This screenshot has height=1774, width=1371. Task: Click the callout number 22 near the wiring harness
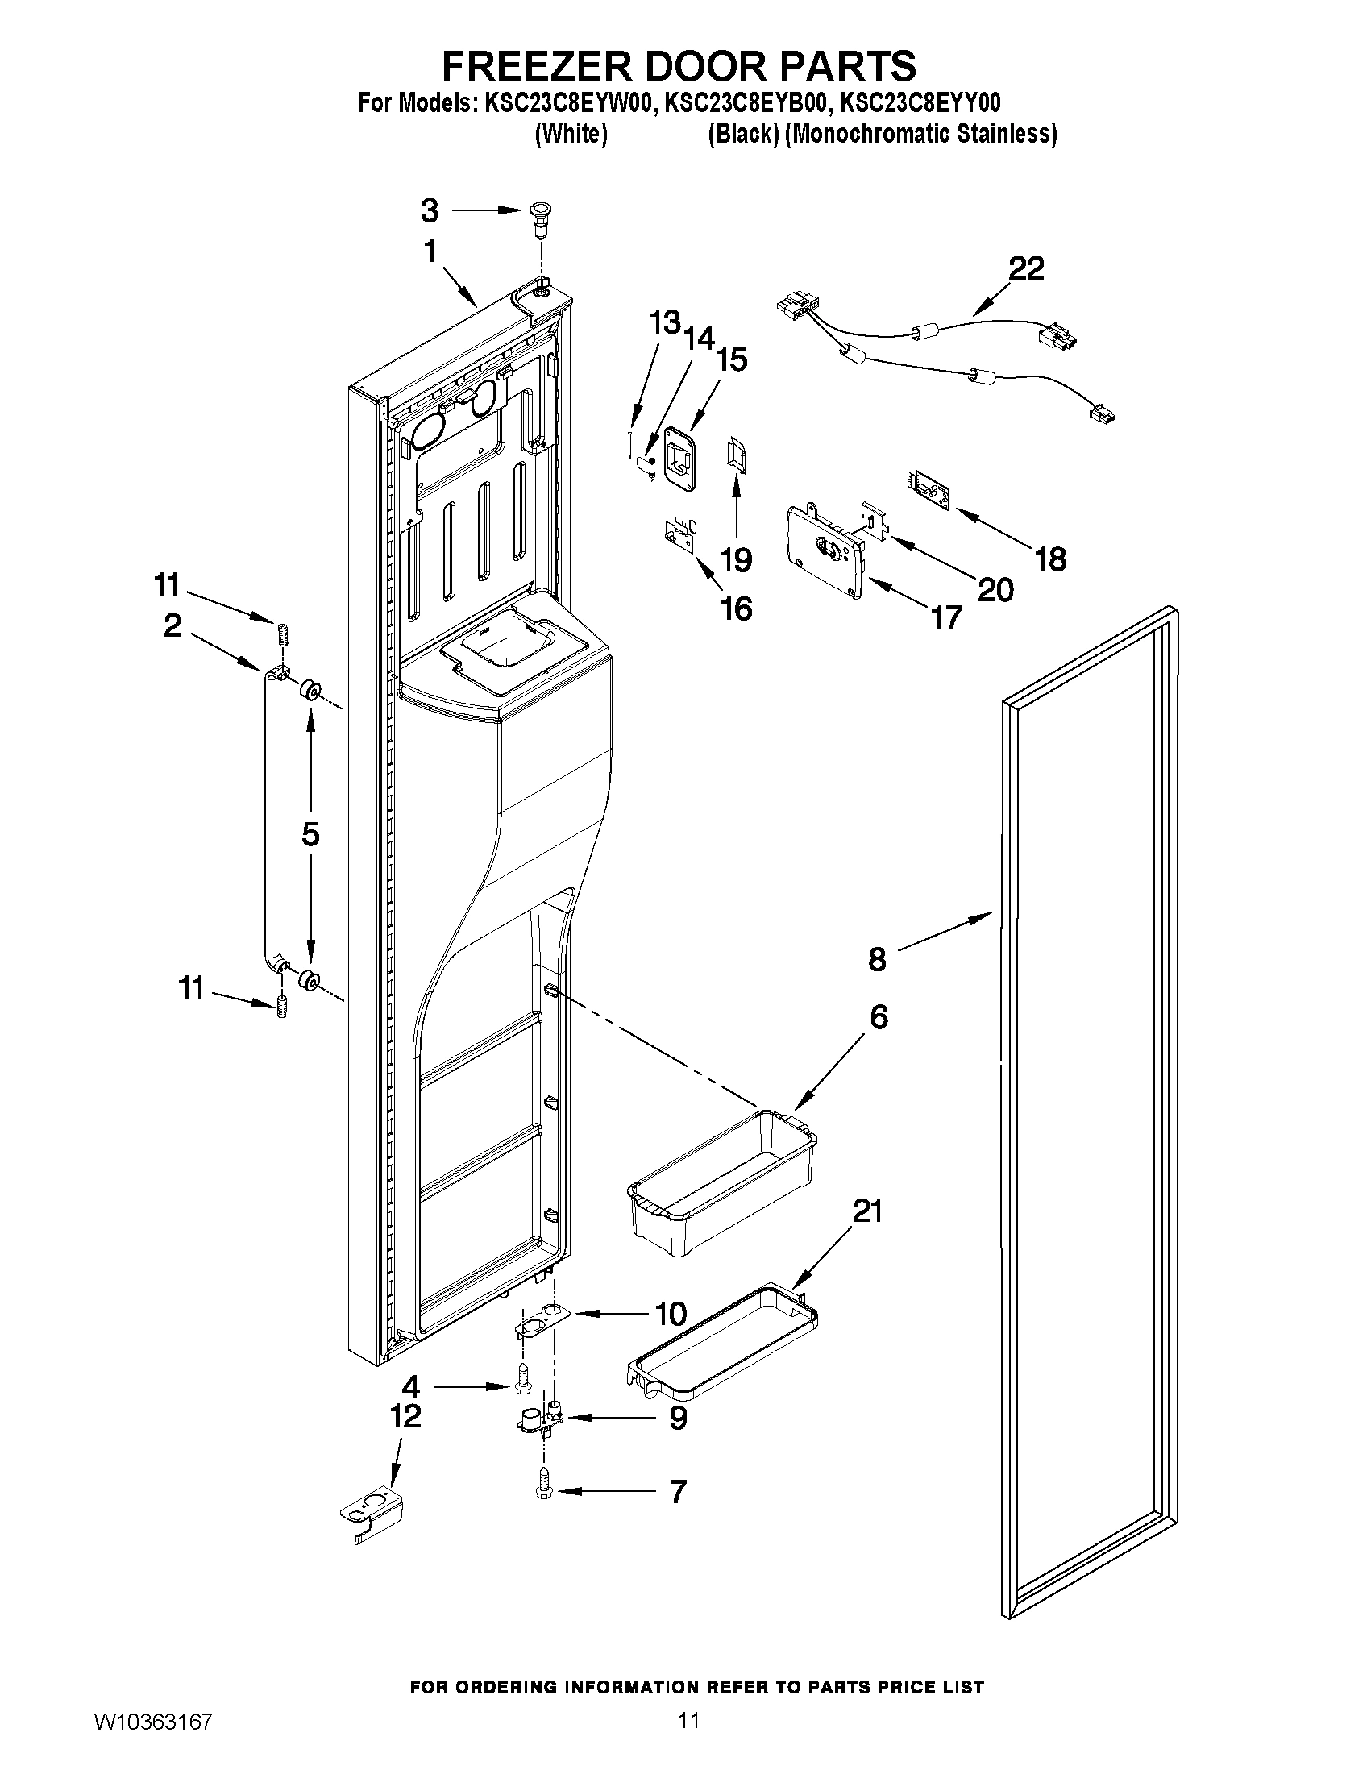(1026, 269)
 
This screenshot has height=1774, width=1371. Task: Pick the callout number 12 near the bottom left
(405, 1417)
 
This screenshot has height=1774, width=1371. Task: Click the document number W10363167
(152, 1743)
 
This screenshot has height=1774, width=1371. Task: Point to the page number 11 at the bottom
(689, 1742)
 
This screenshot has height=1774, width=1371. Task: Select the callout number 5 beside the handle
(310, 834)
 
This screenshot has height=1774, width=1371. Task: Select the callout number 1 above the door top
(430, 251)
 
